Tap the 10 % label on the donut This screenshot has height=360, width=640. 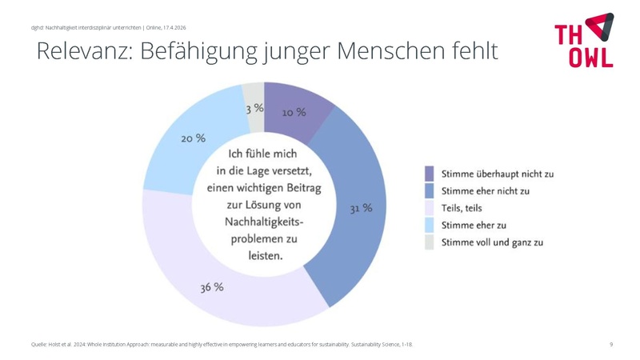click(x=294, y=113)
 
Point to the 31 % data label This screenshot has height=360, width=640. click(x=361, y=209)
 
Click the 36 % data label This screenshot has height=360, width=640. click(x=212, y=288)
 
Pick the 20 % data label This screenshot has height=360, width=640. click(x=193, y=138)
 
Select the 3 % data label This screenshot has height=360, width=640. click(x=254, y=108)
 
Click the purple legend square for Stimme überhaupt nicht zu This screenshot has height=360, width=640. click(x=429, y=173)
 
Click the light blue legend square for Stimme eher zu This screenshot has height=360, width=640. click(x=429, y=226)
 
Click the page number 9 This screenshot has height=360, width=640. click(x=611, y=344)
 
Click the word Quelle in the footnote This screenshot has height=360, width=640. click(x=38, y=344)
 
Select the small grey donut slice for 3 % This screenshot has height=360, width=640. click(x=253, y=94)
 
